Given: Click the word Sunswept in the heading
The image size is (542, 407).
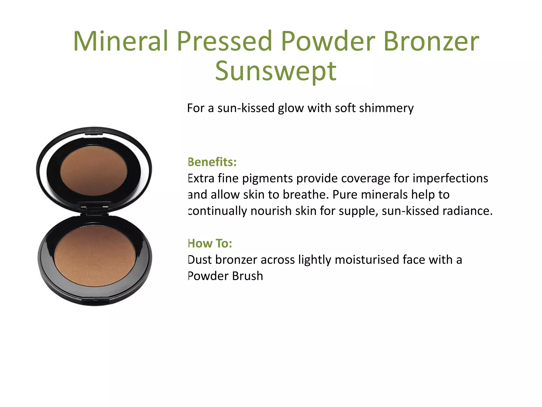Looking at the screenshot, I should [275, 71].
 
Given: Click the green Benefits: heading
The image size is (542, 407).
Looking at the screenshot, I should [212, 162].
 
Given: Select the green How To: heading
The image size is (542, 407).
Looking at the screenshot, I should [210, 243].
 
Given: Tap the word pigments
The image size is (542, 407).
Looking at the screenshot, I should [267, 179].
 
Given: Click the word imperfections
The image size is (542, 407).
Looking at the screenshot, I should [450, 178].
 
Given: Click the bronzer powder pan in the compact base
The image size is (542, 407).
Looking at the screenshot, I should [95, 256].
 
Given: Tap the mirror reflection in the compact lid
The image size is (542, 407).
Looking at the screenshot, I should [94, 171].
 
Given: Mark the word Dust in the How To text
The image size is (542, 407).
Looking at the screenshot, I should [200, 260].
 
